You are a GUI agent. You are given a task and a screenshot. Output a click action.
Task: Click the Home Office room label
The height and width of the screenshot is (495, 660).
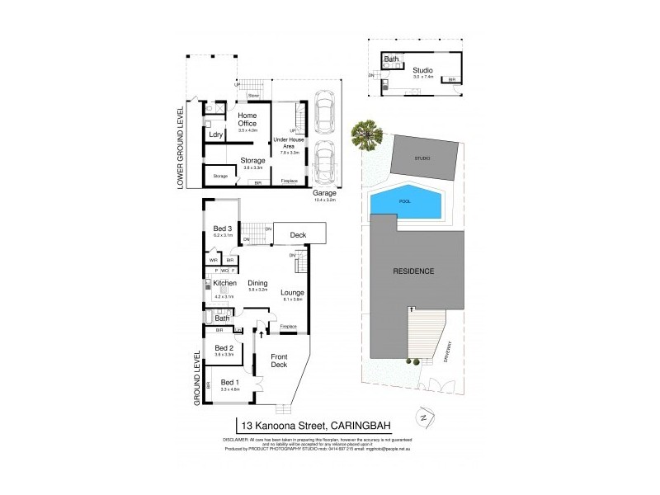click(247, 119)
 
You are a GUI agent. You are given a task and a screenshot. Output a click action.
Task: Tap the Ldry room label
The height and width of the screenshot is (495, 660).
click(216, 134)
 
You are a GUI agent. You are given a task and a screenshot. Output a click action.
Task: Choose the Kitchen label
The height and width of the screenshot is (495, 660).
click(224, 282)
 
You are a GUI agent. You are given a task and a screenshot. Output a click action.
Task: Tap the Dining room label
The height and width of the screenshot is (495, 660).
click(259, 282)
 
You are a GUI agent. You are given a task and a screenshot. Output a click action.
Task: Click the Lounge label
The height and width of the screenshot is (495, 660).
click(292, 293)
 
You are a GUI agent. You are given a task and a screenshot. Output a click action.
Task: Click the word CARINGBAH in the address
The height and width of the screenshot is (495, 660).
click(369, 425)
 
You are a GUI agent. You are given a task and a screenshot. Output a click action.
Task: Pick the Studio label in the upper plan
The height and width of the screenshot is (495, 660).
click(422, 70)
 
